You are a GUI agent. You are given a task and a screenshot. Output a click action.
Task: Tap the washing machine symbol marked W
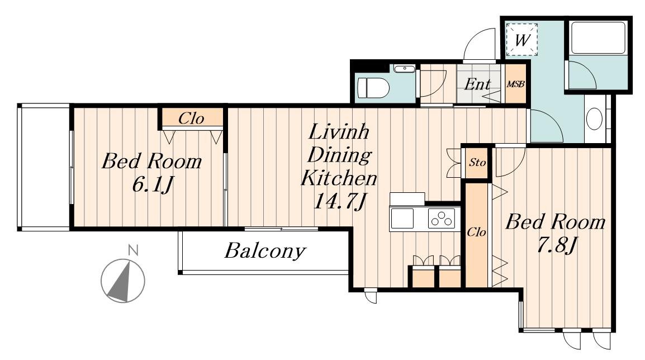tap(521, 40)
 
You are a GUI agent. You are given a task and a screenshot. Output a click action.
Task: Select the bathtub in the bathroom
tap(598, 37)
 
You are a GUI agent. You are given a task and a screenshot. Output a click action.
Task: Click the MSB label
tap(515, 84)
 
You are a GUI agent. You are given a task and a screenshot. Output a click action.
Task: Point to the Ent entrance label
tap(477, 84)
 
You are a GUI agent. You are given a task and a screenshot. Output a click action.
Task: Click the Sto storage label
tap(477, 163)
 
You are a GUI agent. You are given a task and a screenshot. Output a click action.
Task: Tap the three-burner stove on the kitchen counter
tap(442, 218)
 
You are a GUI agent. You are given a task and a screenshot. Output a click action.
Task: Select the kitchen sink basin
tap(402, 218)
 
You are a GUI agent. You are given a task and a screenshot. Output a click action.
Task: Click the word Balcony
tap(265, 250)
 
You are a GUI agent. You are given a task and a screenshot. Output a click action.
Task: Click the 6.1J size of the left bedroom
tap(152, 184)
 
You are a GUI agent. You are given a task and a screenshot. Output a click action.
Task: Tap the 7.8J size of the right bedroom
tap(556, 245)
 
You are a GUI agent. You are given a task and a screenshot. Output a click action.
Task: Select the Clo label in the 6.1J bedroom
tap(191, 119)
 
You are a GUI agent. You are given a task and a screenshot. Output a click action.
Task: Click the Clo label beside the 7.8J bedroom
tap(476, 233)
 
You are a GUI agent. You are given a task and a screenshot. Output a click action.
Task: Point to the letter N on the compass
tap(132, 250)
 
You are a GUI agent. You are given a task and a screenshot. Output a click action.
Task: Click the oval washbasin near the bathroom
tap(594, 119)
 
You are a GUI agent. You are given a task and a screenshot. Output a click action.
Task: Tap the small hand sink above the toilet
tap(404, 69)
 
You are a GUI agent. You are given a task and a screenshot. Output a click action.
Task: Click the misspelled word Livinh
tap(339, 132)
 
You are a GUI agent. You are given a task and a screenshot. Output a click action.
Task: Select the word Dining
tap(339, 155)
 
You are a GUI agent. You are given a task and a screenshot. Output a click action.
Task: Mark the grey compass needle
tap(121, 282)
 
